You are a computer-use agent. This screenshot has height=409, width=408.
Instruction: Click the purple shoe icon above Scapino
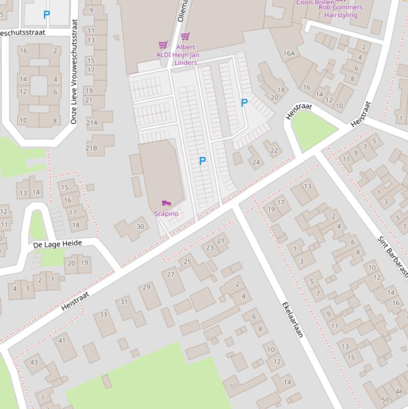166,203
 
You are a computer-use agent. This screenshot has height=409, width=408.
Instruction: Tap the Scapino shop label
166,214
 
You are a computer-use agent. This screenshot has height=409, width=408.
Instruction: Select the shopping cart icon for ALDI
163,45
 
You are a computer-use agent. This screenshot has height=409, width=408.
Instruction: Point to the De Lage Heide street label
57,244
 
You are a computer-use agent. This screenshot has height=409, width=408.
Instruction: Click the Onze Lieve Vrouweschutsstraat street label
74,72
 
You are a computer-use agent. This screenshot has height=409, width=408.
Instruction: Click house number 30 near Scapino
140,226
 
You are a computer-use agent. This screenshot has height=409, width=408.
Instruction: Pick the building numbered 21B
92,148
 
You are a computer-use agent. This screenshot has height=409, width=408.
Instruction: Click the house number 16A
289,53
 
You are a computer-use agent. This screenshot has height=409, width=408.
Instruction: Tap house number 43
34,362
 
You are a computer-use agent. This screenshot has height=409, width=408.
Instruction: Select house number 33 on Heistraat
103,314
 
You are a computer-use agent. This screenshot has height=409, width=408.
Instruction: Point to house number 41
62,340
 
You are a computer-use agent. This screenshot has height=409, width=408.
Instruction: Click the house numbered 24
256,163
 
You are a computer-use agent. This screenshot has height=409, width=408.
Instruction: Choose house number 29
146,287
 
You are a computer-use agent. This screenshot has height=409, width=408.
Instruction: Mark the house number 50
385,399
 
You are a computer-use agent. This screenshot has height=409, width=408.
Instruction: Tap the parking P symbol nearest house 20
244,103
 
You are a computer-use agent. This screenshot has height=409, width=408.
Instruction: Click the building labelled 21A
92,123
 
